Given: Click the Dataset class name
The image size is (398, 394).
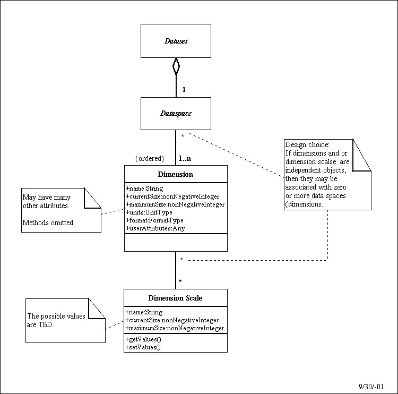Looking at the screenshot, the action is [x=176, y=41].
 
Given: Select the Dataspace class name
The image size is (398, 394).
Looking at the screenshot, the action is [x=176, y=113].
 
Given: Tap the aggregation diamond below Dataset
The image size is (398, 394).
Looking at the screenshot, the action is [x=176, y=66].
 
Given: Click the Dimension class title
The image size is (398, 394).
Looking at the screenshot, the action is [x=176, y=174].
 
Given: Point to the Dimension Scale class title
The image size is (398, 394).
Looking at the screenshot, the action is [x=176, y=298].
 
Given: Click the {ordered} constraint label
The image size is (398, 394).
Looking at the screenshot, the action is [x=150, y=159].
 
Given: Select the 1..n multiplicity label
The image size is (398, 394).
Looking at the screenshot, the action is [x=185, y=159].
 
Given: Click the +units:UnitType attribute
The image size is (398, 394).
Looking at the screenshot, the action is [x=149, y=212].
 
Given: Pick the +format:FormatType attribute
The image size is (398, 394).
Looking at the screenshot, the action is [x=154, y=220].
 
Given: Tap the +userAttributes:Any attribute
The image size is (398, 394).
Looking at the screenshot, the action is [x=155, y=228].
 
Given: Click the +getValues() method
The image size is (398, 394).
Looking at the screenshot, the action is [x=143, y=339].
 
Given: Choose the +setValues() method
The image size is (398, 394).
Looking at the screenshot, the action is [x=143, y=347].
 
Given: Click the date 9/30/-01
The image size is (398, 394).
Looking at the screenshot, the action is [x=371, y=387].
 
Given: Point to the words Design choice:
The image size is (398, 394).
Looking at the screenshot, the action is [x=307, y=144].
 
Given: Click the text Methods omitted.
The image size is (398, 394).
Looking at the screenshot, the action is [x=49, y=223].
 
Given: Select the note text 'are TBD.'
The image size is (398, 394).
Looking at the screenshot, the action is [x=40, y=324].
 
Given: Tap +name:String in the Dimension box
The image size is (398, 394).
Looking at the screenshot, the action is [x=144, y=189].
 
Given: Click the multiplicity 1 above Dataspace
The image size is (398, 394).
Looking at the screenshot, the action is [x=184, y=89].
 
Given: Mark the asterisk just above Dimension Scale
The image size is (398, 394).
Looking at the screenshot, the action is [x=180, y=281].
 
